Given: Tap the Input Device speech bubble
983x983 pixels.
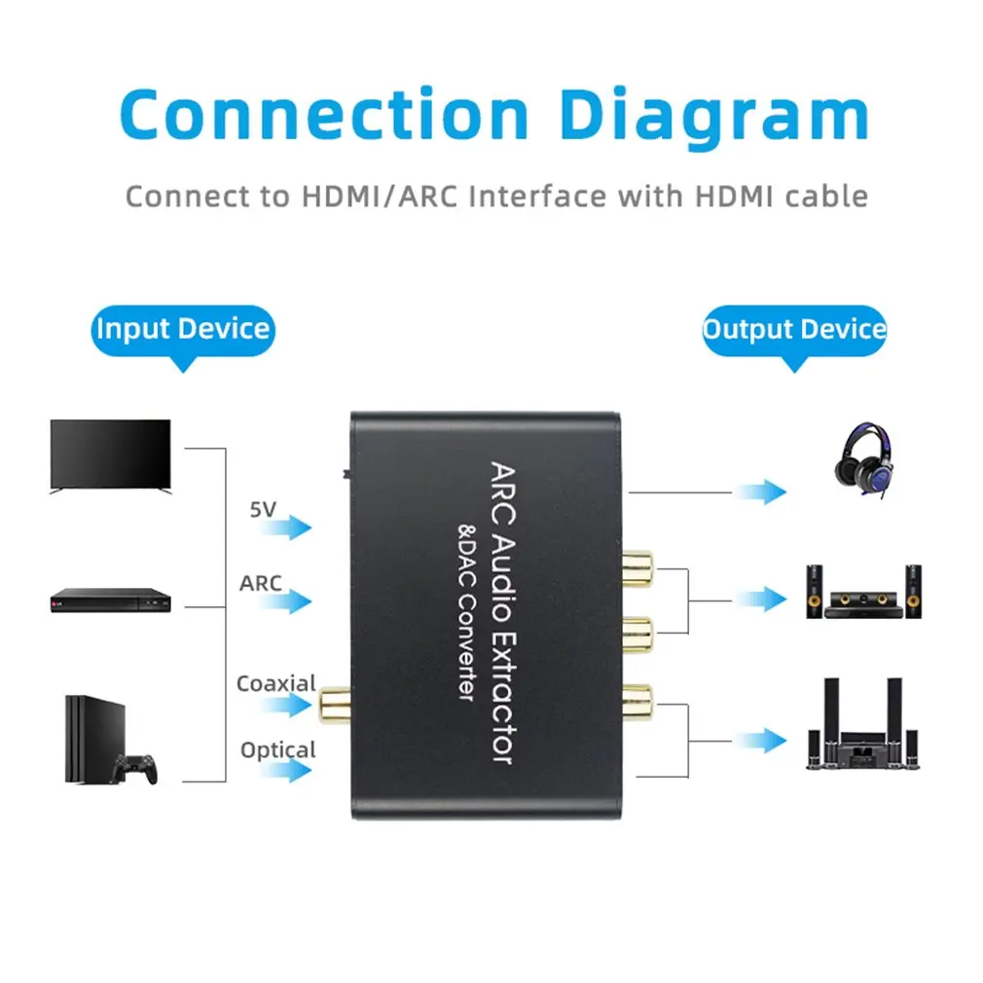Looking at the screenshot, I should coord(183,329).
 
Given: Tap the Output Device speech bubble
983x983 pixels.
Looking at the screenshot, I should coord(794,329).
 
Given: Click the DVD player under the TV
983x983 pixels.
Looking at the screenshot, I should coord(110,601).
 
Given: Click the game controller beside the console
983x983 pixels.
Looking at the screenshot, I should coord(135,769).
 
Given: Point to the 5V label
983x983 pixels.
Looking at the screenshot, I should coord(264,508).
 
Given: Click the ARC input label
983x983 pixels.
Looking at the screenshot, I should coord(261,583).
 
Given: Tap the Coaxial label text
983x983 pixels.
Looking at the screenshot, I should coord(276,683).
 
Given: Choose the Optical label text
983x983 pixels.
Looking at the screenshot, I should coord(278,749).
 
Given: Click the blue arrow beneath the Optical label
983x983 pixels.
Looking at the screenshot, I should coord(288,772).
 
